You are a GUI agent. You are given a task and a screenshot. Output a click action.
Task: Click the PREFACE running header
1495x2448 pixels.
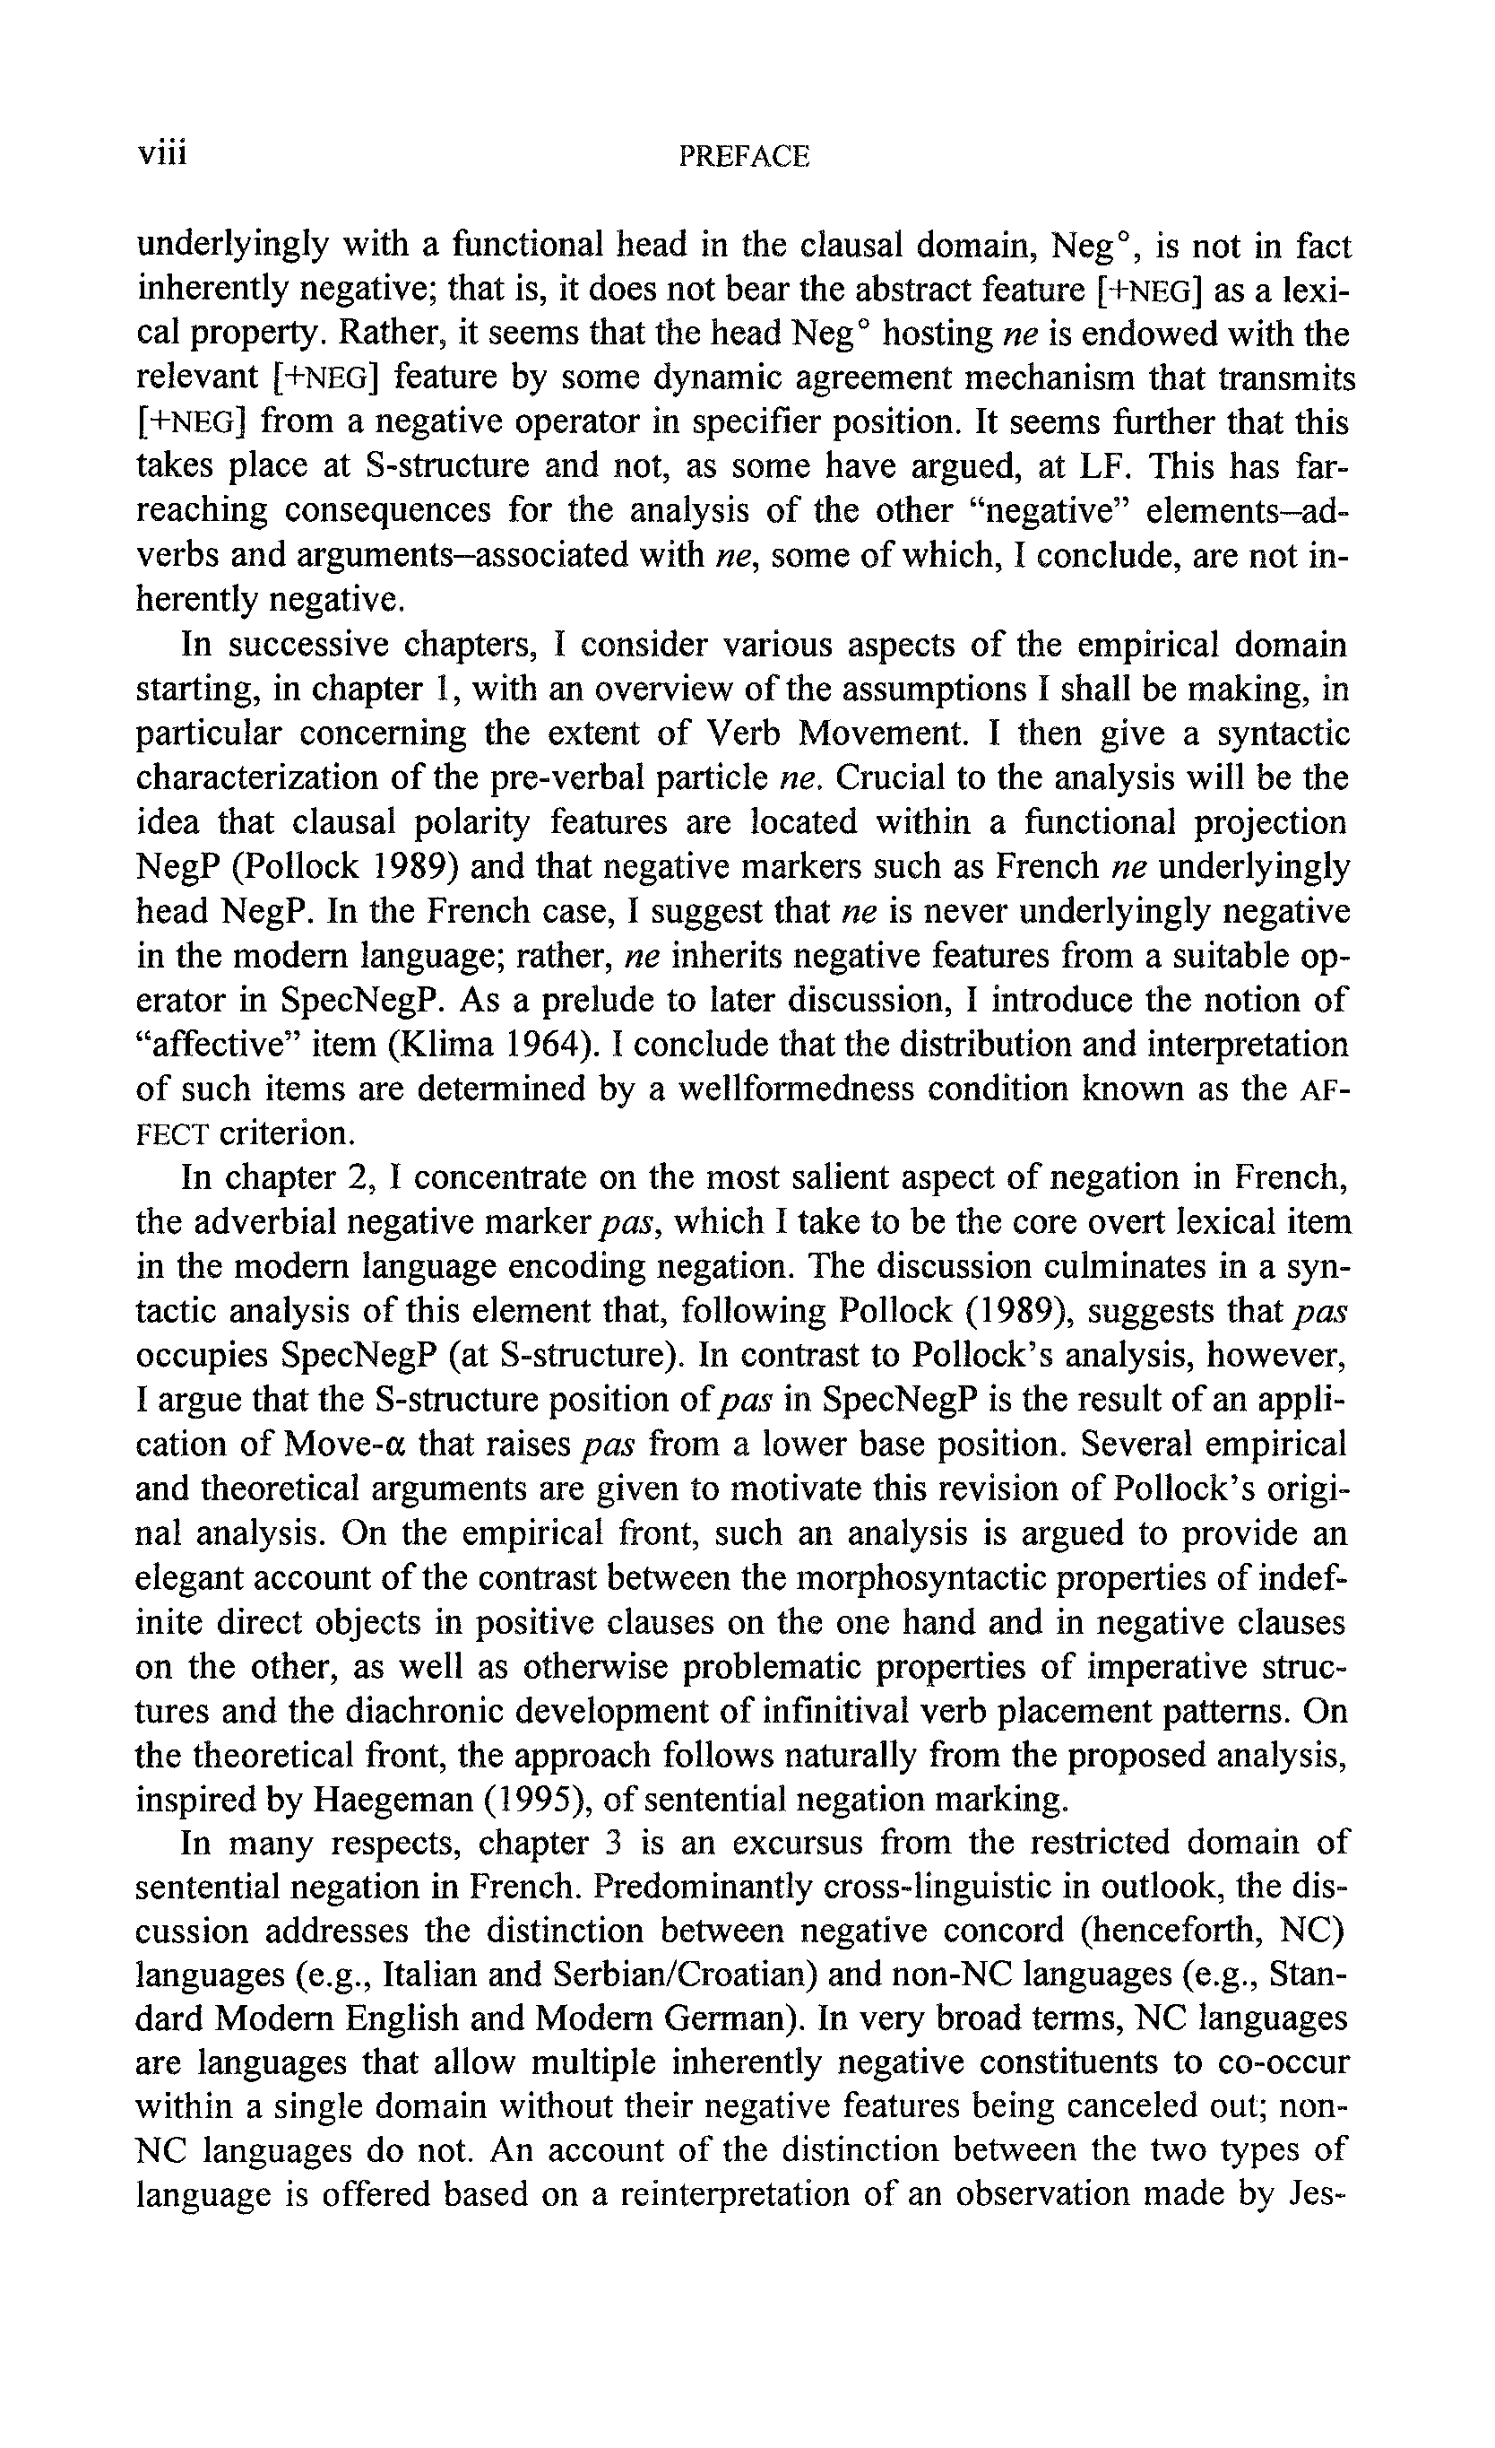[744, 156]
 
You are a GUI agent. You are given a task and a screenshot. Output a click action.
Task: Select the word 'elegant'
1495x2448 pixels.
[196, 1579]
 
